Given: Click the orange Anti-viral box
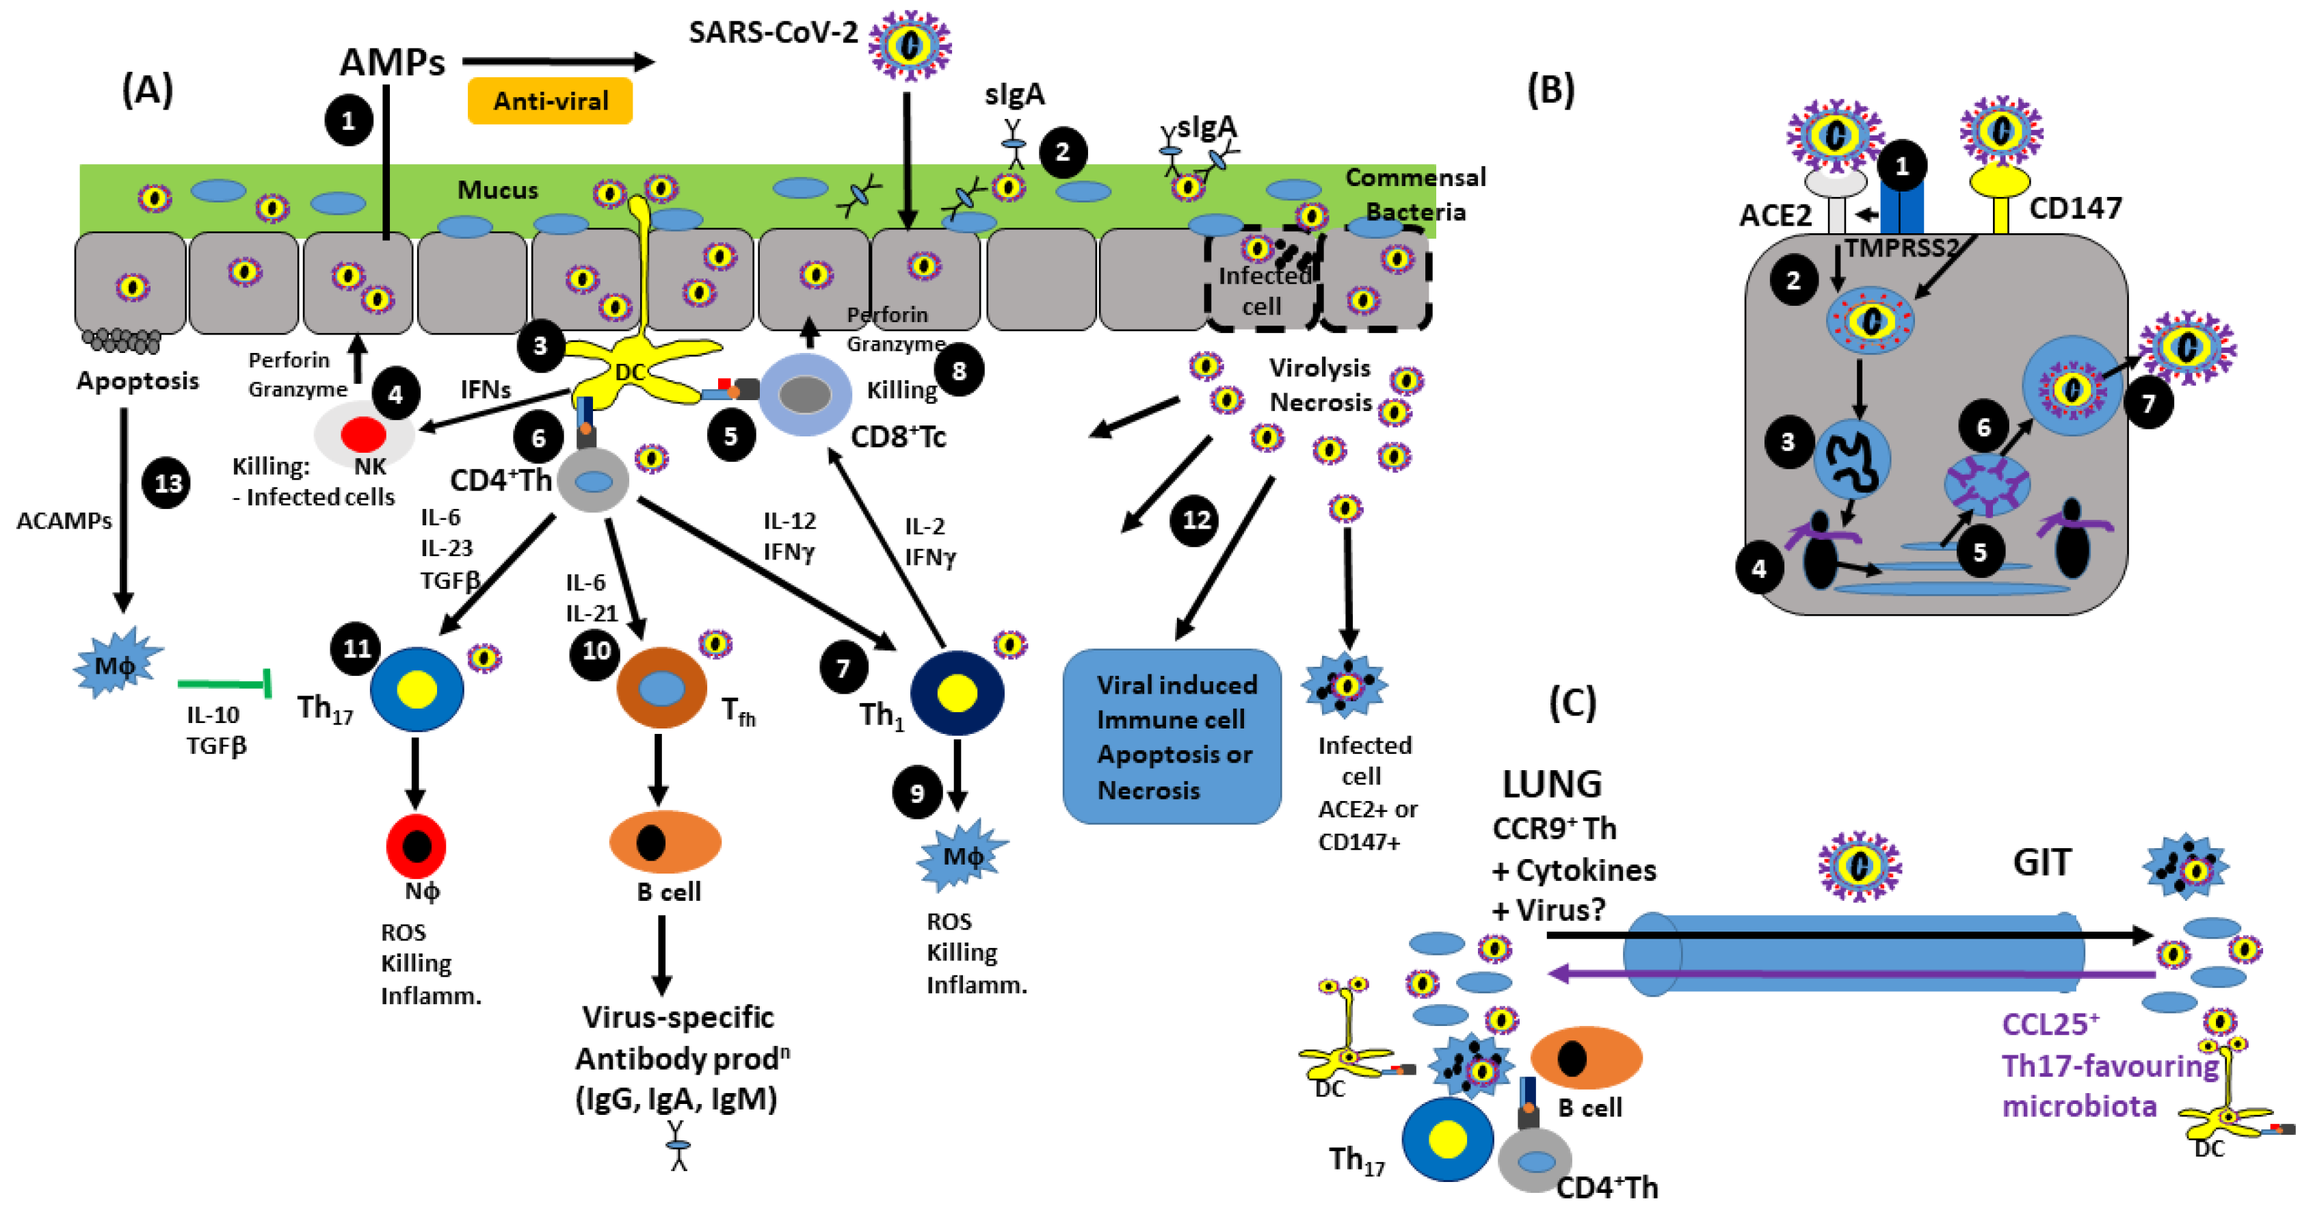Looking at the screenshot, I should (x=549, y=101).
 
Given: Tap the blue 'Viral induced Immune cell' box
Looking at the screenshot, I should (x=1171, y=736).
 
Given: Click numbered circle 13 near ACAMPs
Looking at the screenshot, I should (x=167, y=483).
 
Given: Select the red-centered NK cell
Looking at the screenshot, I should (x=364, y=434).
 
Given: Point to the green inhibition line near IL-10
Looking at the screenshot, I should (x=224, y=684).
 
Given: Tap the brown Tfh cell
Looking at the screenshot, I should (x=662, y=689).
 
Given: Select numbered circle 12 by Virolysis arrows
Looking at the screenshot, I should (x=1195, y=520).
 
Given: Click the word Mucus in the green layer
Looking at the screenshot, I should (x=497, y=190).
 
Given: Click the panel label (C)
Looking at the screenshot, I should (x=1572, y=702).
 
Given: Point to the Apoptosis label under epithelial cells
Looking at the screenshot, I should (x=137, y=381).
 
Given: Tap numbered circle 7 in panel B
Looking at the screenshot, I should (x=2149, y=402).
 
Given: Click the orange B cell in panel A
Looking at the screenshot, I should (x=665, y=842).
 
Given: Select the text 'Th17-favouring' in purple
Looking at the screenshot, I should (x=2109, y=1066).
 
